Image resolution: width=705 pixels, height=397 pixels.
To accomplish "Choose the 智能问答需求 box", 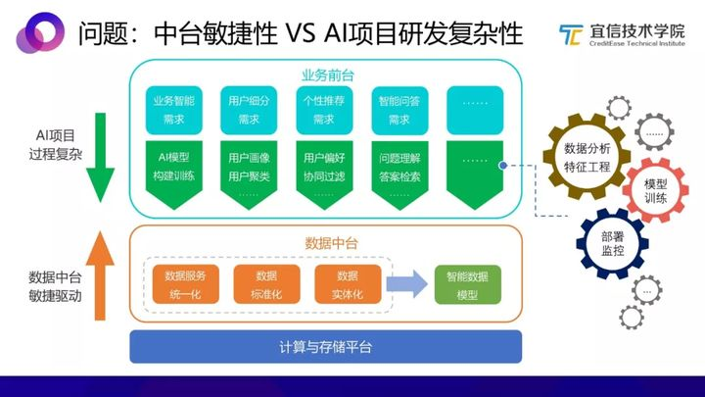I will pos(399,111).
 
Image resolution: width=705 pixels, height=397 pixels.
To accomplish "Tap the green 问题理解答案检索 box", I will pos(399,169).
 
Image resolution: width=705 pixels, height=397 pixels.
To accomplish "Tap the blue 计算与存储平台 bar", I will pos(325,346).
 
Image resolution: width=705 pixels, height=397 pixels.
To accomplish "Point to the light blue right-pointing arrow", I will pos(405,284).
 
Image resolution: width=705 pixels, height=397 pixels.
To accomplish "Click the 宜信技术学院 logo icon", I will pos(569,35).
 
